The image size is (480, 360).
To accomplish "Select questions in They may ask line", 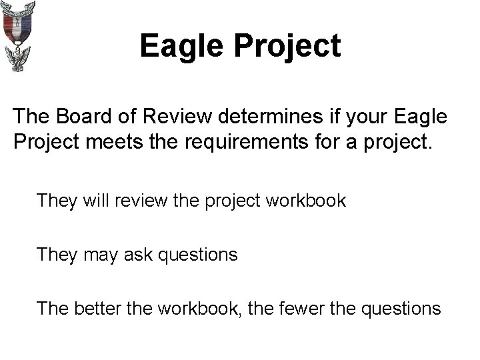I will tap(198, 255).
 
